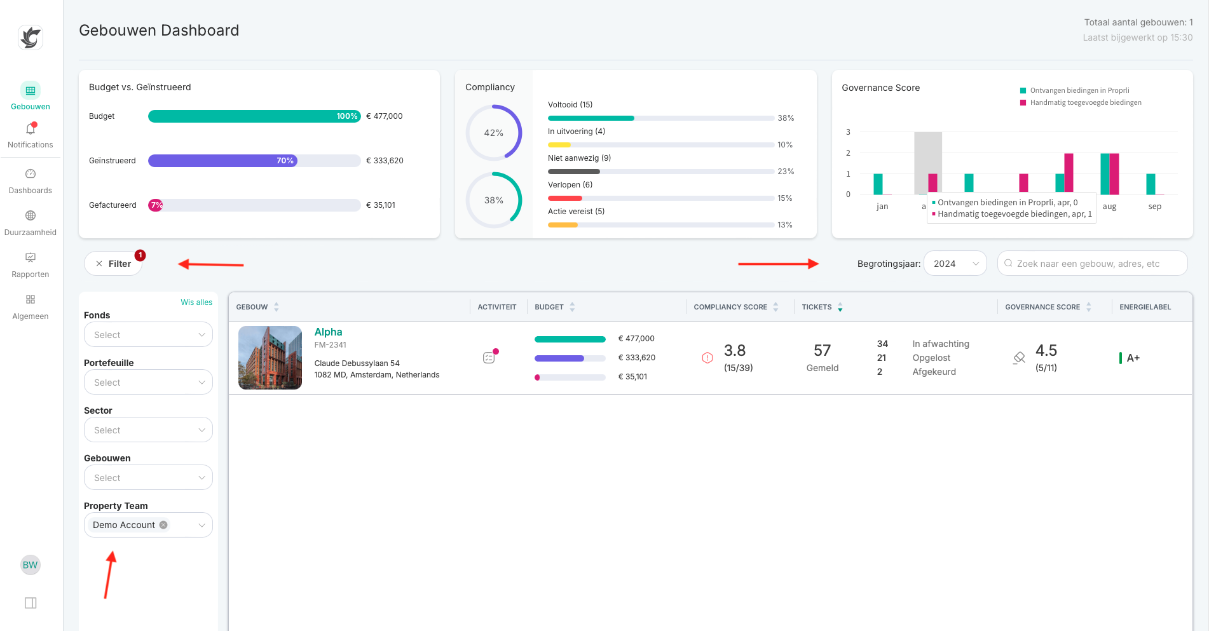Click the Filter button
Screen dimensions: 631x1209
(113, 264)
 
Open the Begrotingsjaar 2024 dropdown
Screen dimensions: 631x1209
(955, 264)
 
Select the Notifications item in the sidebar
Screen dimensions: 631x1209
(30, 135)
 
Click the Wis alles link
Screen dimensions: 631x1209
(196, 302)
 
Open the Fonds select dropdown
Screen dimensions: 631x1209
(148, 335)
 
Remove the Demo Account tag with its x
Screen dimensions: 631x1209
(163, 525)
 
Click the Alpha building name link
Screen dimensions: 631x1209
(328, 332)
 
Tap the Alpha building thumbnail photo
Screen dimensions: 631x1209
(270, 358)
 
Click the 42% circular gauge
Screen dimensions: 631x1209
(494, 133)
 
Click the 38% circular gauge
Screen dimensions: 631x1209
(494, 200)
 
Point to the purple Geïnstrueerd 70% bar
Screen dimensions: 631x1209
(222, 161)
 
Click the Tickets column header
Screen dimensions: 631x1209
(817, 307)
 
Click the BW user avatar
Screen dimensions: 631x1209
(30, 565)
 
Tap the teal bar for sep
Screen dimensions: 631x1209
(1151, 184)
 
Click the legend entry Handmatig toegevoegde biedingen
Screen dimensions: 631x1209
(1084, 102)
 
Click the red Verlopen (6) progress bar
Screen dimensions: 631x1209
(564, 198)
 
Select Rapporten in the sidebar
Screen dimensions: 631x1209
(30, 265)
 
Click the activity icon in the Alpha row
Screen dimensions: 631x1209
(489, 358)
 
